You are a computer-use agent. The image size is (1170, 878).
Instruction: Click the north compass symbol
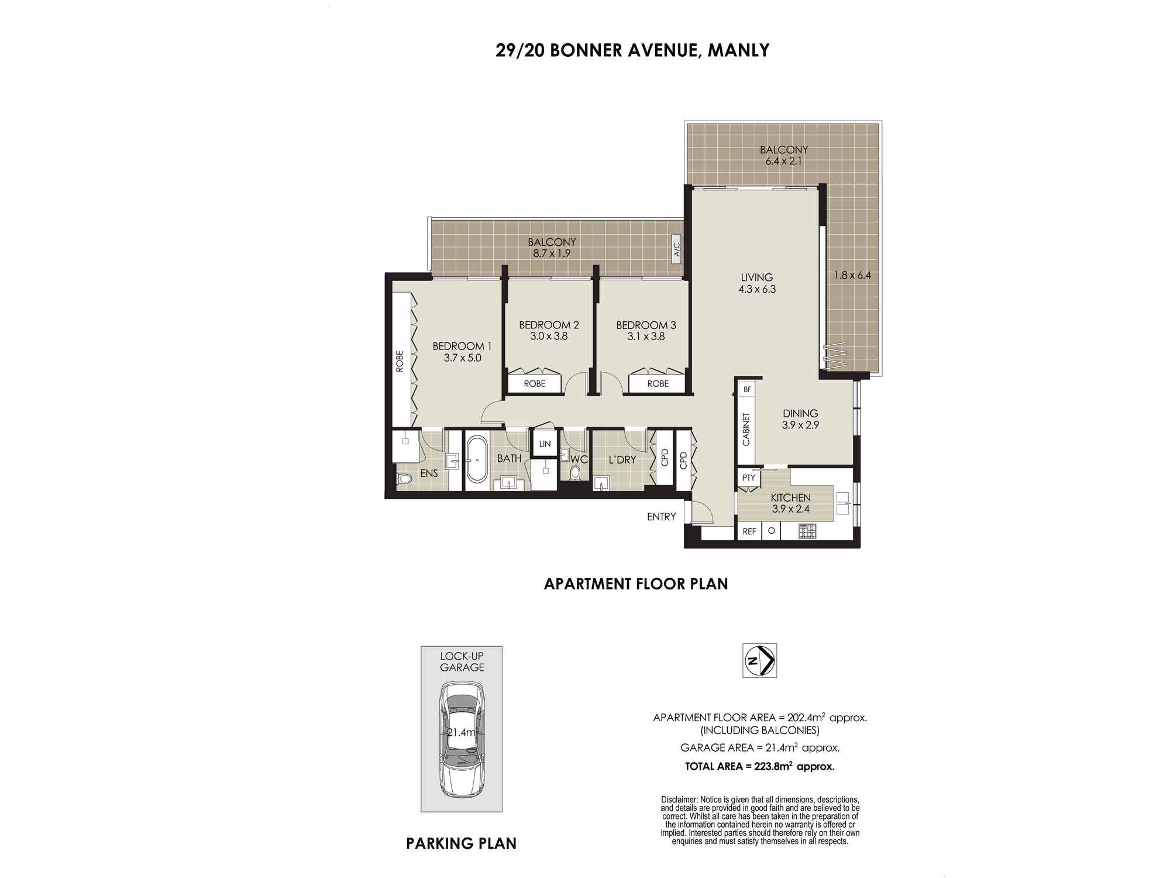(759, 661)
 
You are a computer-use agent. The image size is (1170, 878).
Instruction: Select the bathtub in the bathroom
(476, 459)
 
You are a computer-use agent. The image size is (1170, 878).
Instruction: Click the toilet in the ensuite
(404, 479)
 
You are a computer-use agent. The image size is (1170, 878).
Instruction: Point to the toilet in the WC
(575, 473)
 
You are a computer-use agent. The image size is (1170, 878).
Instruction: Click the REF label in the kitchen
(749, 531)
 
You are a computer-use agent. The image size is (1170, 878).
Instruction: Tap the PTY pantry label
(749, 478)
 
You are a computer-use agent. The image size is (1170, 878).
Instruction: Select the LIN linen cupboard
(545, 444)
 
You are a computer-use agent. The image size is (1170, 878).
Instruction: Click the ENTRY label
(662, 516)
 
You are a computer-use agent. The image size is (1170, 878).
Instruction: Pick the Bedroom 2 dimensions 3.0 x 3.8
(549, 336)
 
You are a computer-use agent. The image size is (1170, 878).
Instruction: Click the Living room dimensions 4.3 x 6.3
(757, 289)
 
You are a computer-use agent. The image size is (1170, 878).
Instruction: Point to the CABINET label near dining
(746, 430)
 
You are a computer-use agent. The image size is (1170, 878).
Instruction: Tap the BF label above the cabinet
(747, 389)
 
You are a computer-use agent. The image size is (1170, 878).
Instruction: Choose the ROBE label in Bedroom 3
(658, 383)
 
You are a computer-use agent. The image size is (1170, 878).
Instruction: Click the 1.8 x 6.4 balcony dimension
(852, 275)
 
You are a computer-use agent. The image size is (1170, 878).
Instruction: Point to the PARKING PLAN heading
(462, 843)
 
